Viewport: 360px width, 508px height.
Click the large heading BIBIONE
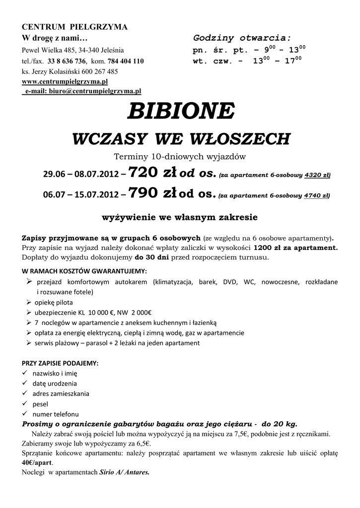click(180, 111)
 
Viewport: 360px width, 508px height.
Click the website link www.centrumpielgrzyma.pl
click(65, 81)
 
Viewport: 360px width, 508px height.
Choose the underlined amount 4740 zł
click(317, 196)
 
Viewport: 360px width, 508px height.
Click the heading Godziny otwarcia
click(242, 38)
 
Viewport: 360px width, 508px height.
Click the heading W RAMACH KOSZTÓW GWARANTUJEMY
click(84, 271)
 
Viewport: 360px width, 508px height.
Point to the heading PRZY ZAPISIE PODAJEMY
click(60, 363)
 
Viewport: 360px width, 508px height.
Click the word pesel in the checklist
click(40, 404)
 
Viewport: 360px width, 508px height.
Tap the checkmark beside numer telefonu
click(25, 414)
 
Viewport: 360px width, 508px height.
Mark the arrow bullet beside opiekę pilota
click(29, 302)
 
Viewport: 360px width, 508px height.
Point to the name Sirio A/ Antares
click(124, 472)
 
